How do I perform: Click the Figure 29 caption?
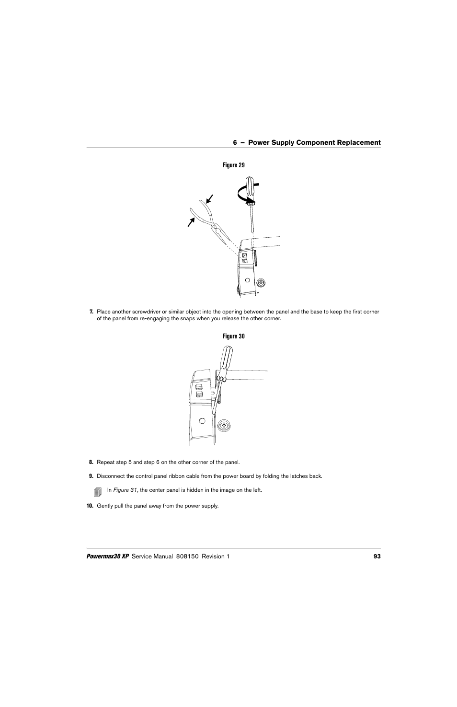(x=233, y=165)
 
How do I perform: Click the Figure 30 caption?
(x=233, y=336)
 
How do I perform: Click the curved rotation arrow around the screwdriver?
(x=242, y=195)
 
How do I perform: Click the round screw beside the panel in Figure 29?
(x=261, y=282)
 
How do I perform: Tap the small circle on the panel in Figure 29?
(x=248, y=280)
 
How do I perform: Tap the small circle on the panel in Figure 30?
(x=202, y=421)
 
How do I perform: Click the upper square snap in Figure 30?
(x=199, y=386)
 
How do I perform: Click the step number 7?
(x=91, y=312)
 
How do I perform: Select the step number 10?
(x=89, y=506)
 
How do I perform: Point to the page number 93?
(x=377, y=556)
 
